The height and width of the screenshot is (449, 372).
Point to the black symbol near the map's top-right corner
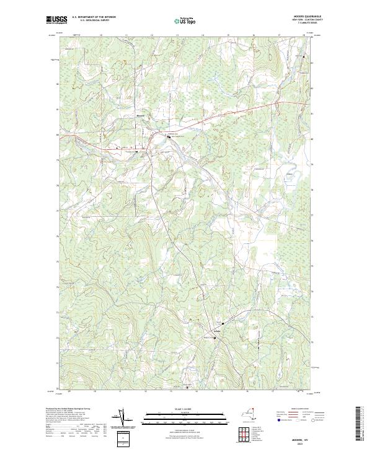click(304, 56)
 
